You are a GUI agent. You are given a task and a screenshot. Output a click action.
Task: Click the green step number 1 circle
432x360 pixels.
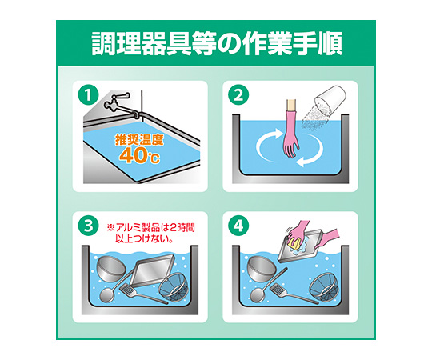point(89,95)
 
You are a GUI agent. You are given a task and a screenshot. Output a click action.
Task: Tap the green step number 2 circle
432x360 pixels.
point(238,95)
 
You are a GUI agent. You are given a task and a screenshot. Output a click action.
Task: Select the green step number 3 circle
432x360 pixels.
point(89,226)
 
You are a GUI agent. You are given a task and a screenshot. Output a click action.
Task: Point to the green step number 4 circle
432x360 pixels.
point(238,226)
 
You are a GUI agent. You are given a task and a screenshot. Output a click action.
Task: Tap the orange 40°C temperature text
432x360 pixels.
point(139,155)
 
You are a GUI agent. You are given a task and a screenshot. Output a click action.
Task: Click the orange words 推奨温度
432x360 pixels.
point(139,140)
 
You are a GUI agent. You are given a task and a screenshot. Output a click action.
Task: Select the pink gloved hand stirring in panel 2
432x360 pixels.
point(291,130)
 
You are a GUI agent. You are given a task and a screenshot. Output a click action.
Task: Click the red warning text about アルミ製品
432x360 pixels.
point(150,234)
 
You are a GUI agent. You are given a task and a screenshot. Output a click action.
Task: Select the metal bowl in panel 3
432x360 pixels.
point(111,269)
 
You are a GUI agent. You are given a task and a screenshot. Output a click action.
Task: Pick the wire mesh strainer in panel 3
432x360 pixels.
point(174,286)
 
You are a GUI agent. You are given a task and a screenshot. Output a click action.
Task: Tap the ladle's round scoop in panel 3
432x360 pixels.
point(107,295)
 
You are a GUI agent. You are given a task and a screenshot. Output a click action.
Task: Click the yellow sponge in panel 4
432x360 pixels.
point(295,243)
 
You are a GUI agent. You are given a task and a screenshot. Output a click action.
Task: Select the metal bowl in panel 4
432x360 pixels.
point(261,269)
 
